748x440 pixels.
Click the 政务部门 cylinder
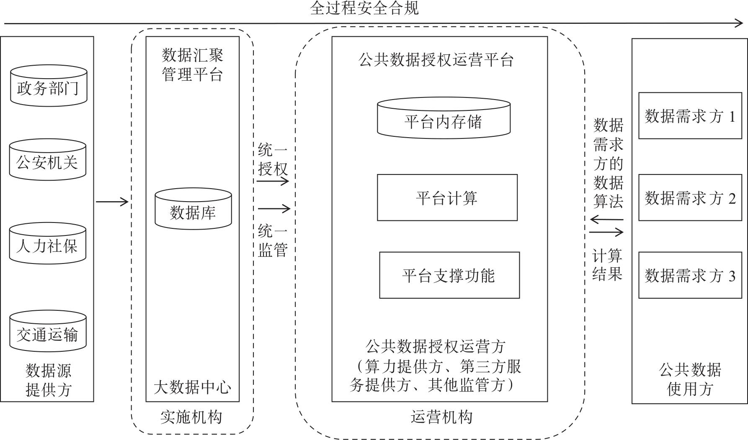[49, 86]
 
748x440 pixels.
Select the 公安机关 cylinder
[48, 160]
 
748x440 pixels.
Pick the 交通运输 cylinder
[48, 332]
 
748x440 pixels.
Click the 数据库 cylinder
[193, 209]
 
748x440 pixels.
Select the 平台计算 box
[447, 197]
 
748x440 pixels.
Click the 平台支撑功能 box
[449, 275]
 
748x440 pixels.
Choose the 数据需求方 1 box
[690, 116]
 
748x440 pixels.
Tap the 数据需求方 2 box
[690, 197]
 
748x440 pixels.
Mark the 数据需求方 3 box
[690, 275]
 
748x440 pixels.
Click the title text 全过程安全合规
[364, 8]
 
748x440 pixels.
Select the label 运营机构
[441, 417]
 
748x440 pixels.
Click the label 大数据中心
[192, 387]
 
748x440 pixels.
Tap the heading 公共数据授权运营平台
[436, 60]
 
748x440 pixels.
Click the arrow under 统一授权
[273, 182]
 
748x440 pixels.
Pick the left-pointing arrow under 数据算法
[606, 219]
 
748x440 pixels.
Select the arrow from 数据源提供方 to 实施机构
[112, 202]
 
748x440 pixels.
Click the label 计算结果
[607, 264]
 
